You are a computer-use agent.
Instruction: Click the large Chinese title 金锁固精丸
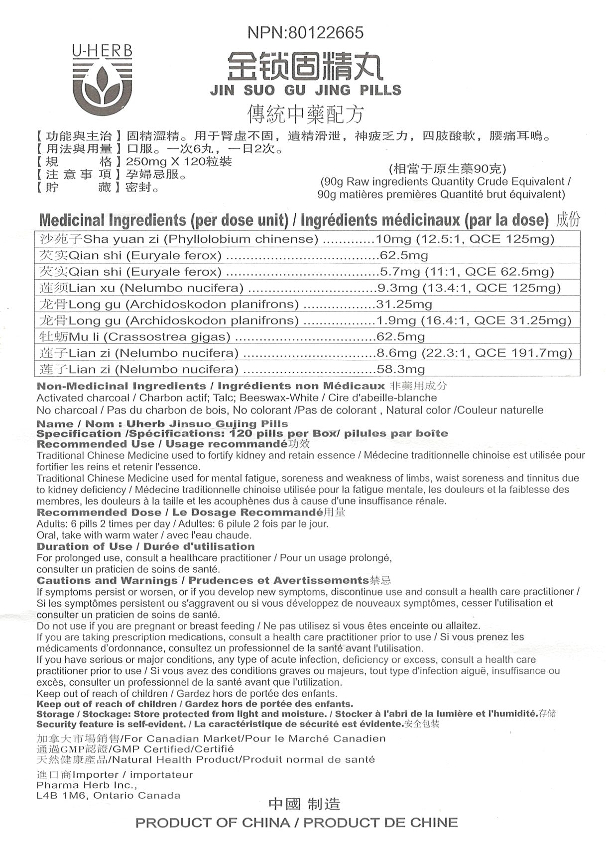(x=305, y=67)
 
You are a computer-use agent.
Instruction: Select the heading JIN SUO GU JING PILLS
(x=305, y=91)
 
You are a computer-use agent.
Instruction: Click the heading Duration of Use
(x=84, y=546)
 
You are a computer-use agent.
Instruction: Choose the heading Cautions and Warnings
(x=107, y=581)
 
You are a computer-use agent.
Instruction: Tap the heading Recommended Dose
(x=99, y=513)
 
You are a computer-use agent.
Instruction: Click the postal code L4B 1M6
(x=60, y=795)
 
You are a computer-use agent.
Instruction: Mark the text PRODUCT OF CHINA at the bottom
(x=213, y=823)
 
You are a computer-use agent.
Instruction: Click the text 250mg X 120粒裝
(x=179, y=162)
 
